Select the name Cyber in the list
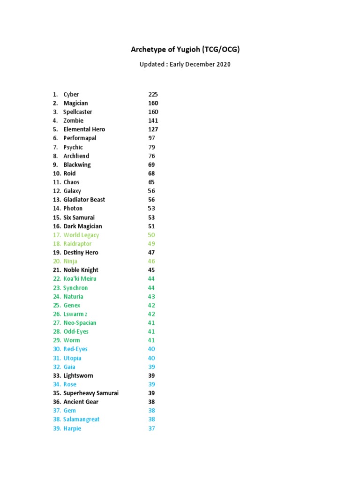coord(71,94)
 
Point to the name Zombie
coord(74,120)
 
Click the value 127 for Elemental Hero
coord(153,129)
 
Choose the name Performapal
coord(80,138)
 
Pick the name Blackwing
coord(77,165)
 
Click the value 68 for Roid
coord(151,173)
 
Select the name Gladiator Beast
coord(84,200)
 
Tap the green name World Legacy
coord(81,235)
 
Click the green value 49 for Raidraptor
coord(151,244)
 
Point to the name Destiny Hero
coord(81,252)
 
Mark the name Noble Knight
coord(81,270)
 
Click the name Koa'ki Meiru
coord(80,278)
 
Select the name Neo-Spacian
coord(80,322)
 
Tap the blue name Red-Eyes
coord(75,349)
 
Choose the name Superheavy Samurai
coord(91,393)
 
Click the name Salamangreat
coord(82,419)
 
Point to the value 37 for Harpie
coord(151,428)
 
